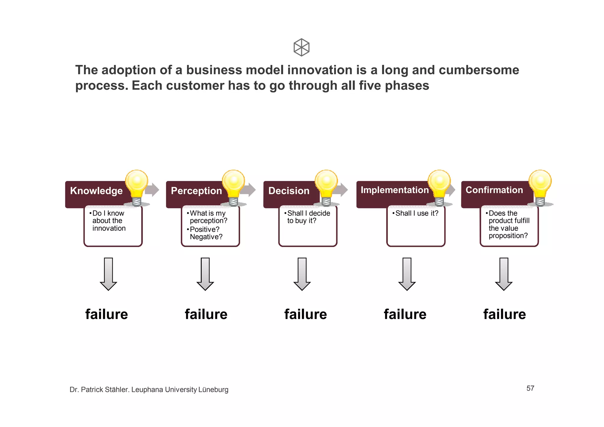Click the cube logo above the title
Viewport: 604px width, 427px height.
click(301, 47)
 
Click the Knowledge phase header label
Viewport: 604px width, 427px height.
click(96, 191)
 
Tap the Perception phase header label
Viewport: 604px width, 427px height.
click(196, 191)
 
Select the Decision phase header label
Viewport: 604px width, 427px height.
click(289, 191)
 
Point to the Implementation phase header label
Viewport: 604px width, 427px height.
click(394, 190)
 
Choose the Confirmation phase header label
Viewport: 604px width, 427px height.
click(494, 190)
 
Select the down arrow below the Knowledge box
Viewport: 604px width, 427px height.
click(109, 274)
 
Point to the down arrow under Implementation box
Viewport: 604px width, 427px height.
click(407, 274)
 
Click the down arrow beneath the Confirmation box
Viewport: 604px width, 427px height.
click(504, 274)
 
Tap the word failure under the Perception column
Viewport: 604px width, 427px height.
click(206, 314)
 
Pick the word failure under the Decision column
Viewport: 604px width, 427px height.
click(306, 314)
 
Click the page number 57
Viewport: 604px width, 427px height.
click(530, 388)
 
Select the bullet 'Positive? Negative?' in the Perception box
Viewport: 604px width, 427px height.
click(206, 233)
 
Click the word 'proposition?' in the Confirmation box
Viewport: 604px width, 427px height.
click(508, 236)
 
